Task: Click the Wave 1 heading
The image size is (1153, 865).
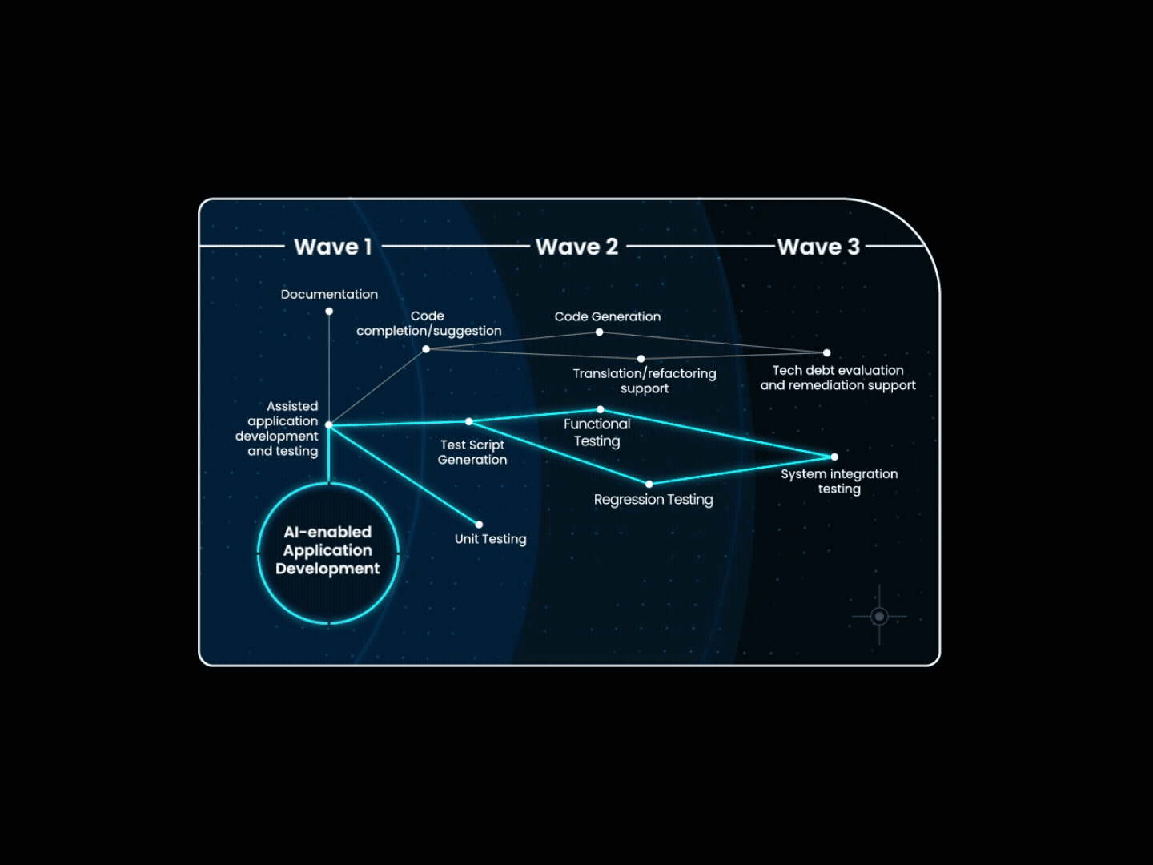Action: coord(333,247)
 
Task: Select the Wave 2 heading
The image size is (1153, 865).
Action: coord(576,247)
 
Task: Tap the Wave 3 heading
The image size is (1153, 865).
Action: coord(818,247)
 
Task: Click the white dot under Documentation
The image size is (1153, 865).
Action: coord(329,312)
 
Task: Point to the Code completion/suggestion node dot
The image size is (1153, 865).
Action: coord(426,349)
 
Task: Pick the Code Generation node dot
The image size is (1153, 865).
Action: coord(600,332)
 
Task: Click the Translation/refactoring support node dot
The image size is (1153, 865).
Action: coord(641,359)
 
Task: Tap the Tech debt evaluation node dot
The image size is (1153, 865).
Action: coord(827,353)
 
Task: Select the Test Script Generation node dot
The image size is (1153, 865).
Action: coord(469,421)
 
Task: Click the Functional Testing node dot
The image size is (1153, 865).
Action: coord(601,409)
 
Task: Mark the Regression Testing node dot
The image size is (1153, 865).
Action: coord(649,484)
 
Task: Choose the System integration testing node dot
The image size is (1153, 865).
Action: coord(834,457)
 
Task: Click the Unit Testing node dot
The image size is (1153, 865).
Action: coord(479,524)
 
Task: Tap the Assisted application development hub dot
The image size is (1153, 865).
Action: coord(329,424)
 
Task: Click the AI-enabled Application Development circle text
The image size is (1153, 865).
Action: coord(327,550)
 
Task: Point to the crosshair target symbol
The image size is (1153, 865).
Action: coord(879,616)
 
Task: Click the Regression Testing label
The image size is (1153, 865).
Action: coord(653,500)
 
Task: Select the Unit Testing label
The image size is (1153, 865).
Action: coord(491,539)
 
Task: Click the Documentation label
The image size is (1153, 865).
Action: coord(329,294)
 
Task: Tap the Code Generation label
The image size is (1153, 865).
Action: coord(608,316)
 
